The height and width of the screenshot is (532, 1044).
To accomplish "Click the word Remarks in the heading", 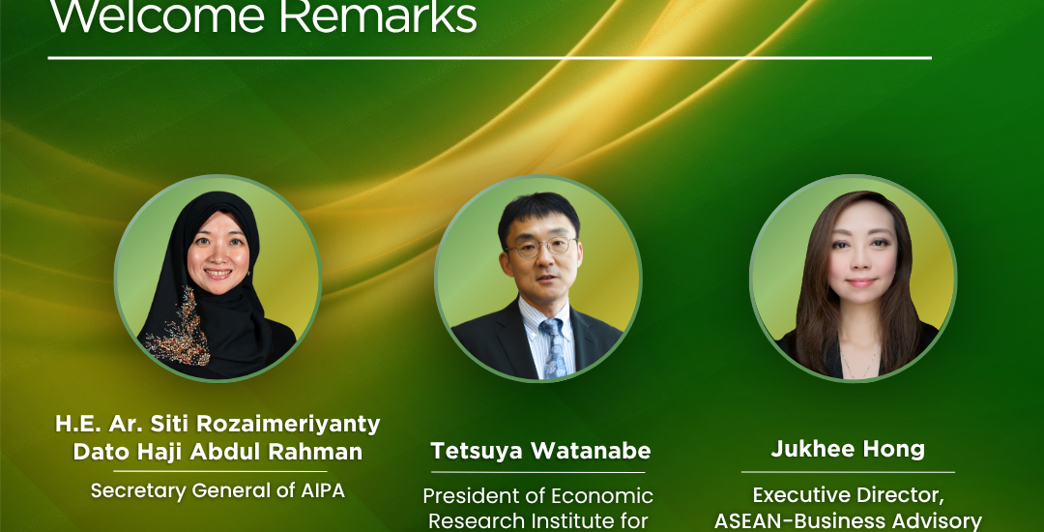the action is point(378,16).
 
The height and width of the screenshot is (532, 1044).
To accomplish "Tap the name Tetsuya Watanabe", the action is point(540,451).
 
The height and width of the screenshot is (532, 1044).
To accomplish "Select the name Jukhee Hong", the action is point(849,450).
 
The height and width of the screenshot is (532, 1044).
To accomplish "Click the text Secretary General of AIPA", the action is point(218,490).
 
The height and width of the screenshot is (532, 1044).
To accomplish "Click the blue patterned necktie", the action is point(554,347).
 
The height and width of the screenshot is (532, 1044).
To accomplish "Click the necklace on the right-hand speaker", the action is point(859,362).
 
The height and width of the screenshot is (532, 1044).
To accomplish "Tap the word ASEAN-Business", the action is point(804,521).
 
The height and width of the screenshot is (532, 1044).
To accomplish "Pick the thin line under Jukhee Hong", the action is point(849,472).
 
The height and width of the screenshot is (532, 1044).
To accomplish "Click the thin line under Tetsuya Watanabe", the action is point(538,472).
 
